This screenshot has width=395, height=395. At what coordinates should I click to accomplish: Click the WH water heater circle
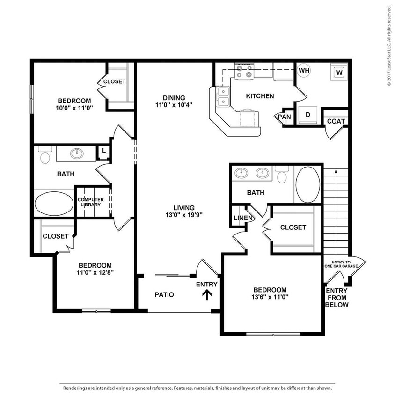(304, 70)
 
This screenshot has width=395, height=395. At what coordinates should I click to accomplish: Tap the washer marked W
(339, 73)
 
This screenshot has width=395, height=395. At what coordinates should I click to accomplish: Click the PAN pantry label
(284, 117)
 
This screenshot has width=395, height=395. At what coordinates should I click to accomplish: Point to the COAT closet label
(336, 121)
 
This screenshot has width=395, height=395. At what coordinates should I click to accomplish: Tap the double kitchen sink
(223, 96)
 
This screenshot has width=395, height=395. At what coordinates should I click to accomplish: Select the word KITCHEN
(260, 96)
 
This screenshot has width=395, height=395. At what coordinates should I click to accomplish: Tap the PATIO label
(164, 295)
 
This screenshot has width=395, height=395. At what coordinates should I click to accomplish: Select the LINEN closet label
(243, 218)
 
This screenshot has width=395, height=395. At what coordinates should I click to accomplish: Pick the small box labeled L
(103, 151)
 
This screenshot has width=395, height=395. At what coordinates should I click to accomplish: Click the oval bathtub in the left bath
(53, 204)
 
